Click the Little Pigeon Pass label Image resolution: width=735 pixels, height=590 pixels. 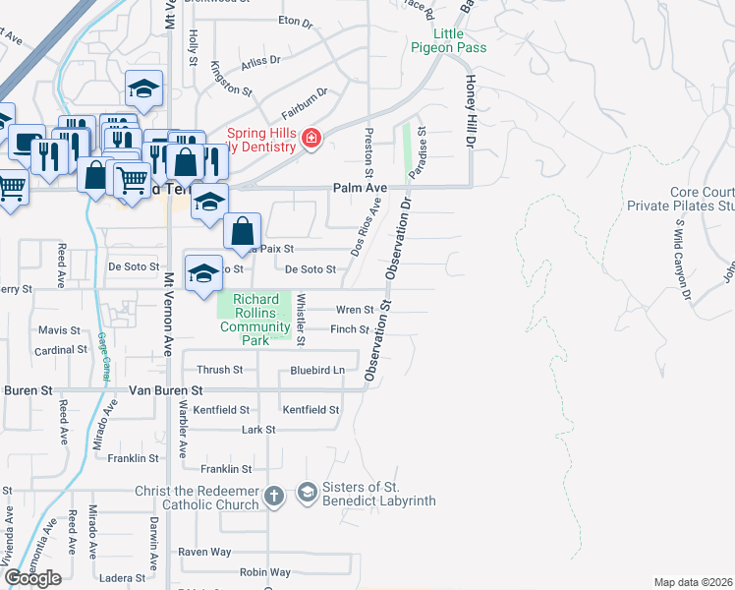coord(448,41)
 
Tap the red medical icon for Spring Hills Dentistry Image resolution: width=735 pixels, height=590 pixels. coord(311,139)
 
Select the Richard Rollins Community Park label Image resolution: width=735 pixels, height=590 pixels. coord(254,320)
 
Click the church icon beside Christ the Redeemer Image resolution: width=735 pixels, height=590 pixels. coord(273,496)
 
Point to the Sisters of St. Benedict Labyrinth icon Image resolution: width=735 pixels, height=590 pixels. coord(307,492)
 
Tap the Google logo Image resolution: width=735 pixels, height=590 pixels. coord(32,578)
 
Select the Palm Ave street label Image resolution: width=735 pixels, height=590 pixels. coord(360,187)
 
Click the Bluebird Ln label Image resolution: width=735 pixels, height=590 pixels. coord(317,371)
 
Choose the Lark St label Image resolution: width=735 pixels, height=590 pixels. coord(257,430)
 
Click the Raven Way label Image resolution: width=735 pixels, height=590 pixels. coord(204,552)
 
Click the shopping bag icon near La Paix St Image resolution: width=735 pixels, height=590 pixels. coord(243,232)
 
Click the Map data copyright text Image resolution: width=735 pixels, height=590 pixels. coord(693,582)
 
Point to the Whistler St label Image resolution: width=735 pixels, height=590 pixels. coord(301,321)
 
